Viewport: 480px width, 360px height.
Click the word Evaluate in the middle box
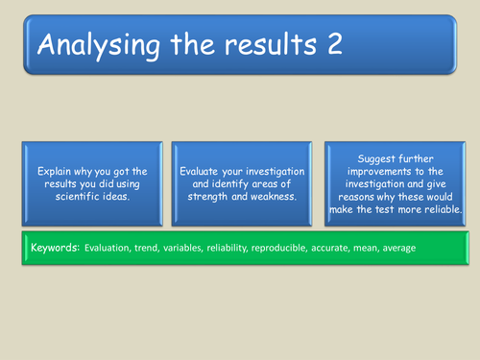tap(200, 169)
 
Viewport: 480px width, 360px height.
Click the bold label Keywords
tap(54, 248)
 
